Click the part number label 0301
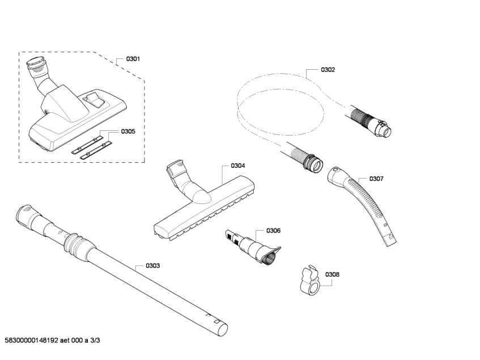pyautogui.click(x=133, y=59)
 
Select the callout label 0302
pyautogui.click(x=328, y=70)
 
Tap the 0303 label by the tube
pyautogui.click(x=152, y=265)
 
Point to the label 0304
pyautogui.click(x=237, y=166)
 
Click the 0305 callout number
pyautogui.click(x=128, y=132)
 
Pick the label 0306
pyautogui.click(x=274, y=231)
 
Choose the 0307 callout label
pyautogui.click(x=376, y=179)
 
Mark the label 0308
pyautogui.click(x=332, y=274)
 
